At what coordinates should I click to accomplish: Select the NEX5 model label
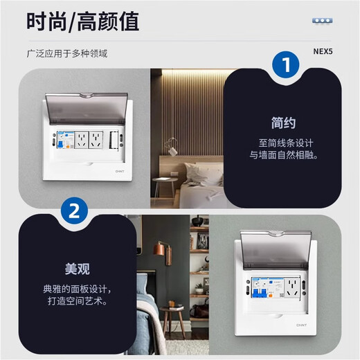[324, 53]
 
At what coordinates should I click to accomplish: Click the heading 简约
[283, 123]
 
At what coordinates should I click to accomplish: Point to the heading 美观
[73, 269]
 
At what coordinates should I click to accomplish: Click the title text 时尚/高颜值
[83, 21]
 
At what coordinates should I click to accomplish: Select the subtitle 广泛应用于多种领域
[67, 53]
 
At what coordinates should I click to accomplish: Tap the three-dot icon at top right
[322, 21]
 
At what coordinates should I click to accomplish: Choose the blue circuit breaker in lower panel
[260, 291]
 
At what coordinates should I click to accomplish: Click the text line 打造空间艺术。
[73, 303]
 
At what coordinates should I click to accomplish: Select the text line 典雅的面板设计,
[73, 289]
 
